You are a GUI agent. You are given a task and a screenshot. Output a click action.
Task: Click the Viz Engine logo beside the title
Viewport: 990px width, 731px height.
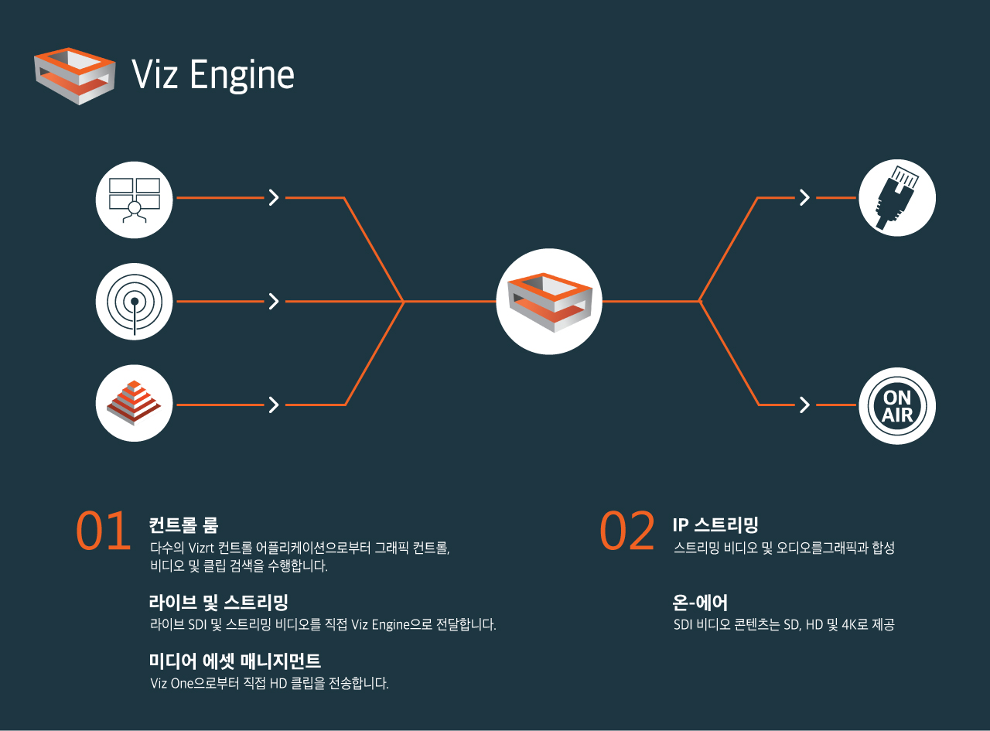[75, 75]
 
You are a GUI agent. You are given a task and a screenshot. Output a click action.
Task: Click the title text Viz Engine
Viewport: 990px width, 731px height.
[213, 75]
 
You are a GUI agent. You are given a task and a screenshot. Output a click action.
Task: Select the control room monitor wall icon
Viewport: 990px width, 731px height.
[134, 200]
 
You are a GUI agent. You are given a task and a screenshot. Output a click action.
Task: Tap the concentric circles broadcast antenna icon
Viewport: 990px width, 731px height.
[134, 302]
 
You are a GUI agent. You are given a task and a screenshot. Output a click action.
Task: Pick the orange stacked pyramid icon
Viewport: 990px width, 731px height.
[134, 403]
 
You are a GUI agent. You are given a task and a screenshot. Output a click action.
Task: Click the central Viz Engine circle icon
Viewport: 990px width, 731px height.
[549, 302]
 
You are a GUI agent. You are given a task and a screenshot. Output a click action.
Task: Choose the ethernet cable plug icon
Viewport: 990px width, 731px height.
[897, 198]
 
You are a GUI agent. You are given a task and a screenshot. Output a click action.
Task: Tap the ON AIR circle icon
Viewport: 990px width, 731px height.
[897, 405]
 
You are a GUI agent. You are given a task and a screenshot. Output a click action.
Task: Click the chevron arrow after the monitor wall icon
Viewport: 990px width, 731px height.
[273, 198]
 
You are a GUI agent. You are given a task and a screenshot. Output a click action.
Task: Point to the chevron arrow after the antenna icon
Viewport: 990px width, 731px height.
[273, 302]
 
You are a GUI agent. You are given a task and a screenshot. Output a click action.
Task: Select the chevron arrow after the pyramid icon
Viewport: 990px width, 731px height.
[273, 405]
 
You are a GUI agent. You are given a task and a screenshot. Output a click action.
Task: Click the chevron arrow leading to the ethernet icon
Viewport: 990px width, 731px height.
[804, 198]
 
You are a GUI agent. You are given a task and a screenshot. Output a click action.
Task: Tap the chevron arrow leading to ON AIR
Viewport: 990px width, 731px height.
[804, 405]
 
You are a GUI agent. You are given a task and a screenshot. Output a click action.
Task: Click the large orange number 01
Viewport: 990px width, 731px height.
[103, 532]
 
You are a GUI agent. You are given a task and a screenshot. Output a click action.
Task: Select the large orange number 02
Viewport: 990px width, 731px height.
[627, 532]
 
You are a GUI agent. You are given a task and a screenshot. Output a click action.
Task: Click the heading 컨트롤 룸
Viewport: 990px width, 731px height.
[184, 526]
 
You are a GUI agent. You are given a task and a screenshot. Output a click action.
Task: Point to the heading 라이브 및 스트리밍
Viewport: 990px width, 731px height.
[218, 602]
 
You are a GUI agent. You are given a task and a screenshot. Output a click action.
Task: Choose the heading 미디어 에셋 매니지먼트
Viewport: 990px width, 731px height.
[234, 661]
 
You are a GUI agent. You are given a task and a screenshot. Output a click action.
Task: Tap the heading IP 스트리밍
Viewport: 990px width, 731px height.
[715, 526]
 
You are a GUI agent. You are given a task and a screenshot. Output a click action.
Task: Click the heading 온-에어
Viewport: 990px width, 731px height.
[700, 602]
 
